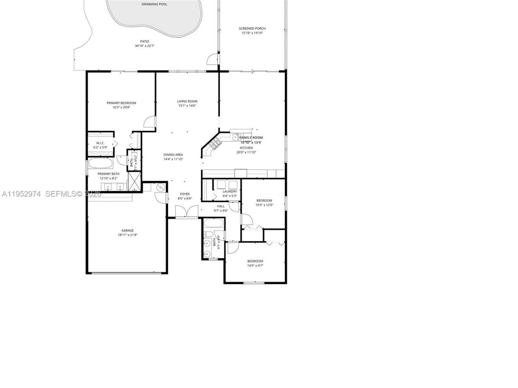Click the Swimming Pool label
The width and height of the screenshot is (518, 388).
point(154,4)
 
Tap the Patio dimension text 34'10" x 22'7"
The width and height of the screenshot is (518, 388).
point(144,46)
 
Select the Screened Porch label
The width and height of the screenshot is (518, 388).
point(252,29)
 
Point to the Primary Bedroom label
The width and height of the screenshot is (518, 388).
point(121,103)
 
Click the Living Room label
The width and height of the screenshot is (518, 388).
point(187,101)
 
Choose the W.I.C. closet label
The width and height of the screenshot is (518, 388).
point(100,143)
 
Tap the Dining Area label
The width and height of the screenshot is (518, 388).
point(173,154)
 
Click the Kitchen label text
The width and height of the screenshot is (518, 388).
point(246,148)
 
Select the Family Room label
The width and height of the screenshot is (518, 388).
point(251,138)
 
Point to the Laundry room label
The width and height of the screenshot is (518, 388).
point(229,192)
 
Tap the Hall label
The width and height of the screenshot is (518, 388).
point(221,206)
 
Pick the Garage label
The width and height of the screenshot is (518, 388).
point(128,230)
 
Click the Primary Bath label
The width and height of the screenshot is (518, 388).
point(108,174)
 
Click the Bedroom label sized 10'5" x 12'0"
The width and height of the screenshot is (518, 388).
point(264,200)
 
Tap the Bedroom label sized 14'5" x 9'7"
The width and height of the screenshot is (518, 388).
point(255,261)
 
